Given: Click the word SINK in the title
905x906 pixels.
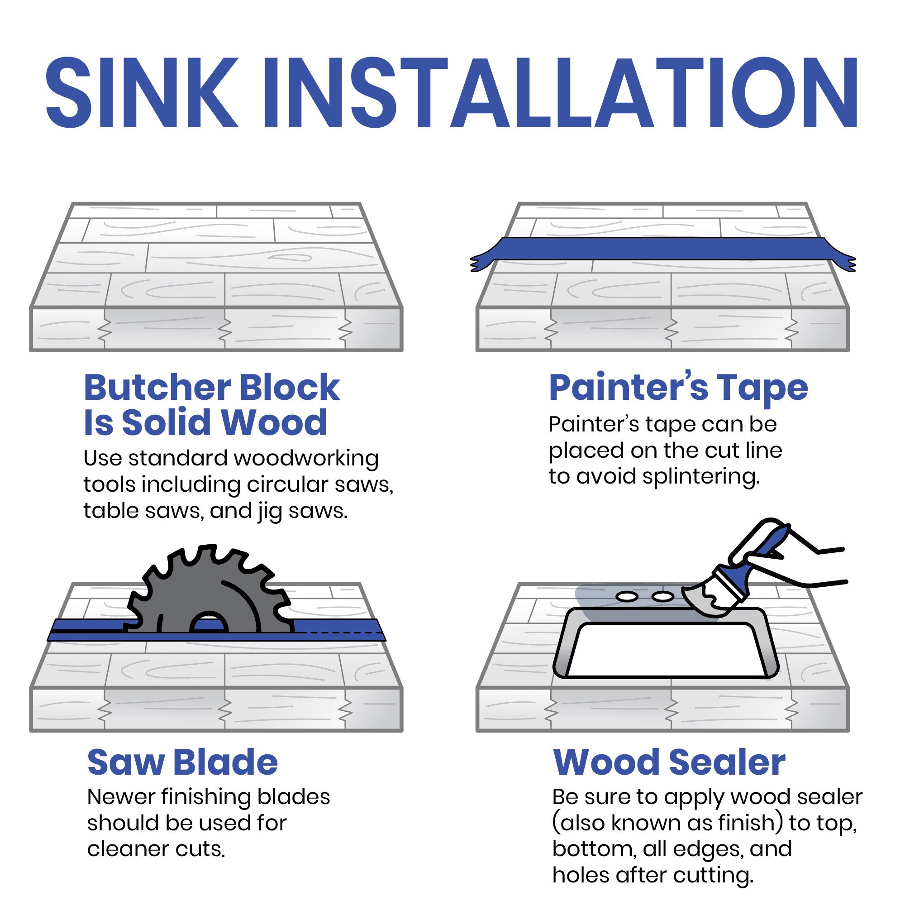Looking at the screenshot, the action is pyautogui.click(x=142, y=92).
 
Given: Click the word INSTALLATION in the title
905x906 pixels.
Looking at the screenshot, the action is pyautogui.click(x=561, y=92).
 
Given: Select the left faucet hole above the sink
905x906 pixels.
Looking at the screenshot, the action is pyautogui.click(x=627, y=597).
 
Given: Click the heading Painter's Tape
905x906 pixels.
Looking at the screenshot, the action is pyautogui.click(x=679, y=388).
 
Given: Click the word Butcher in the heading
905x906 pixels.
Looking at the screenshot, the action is pyautogui.click(x=157, y=388).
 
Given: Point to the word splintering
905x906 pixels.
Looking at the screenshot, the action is pyautogui.click(x=700, y=477).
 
